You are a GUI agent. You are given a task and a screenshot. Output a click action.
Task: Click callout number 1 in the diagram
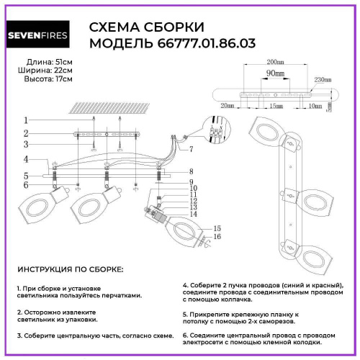point(25,120)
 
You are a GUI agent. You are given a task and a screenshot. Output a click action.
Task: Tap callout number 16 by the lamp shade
point(216,237)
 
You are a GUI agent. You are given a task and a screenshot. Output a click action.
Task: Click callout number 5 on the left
point(25,176)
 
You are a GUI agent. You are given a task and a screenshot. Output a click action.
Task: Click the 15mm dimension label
point(266,106)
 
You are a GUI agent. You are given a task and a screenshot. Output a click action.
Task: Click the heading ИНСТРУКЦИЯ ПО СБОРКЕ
point(70,269)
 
